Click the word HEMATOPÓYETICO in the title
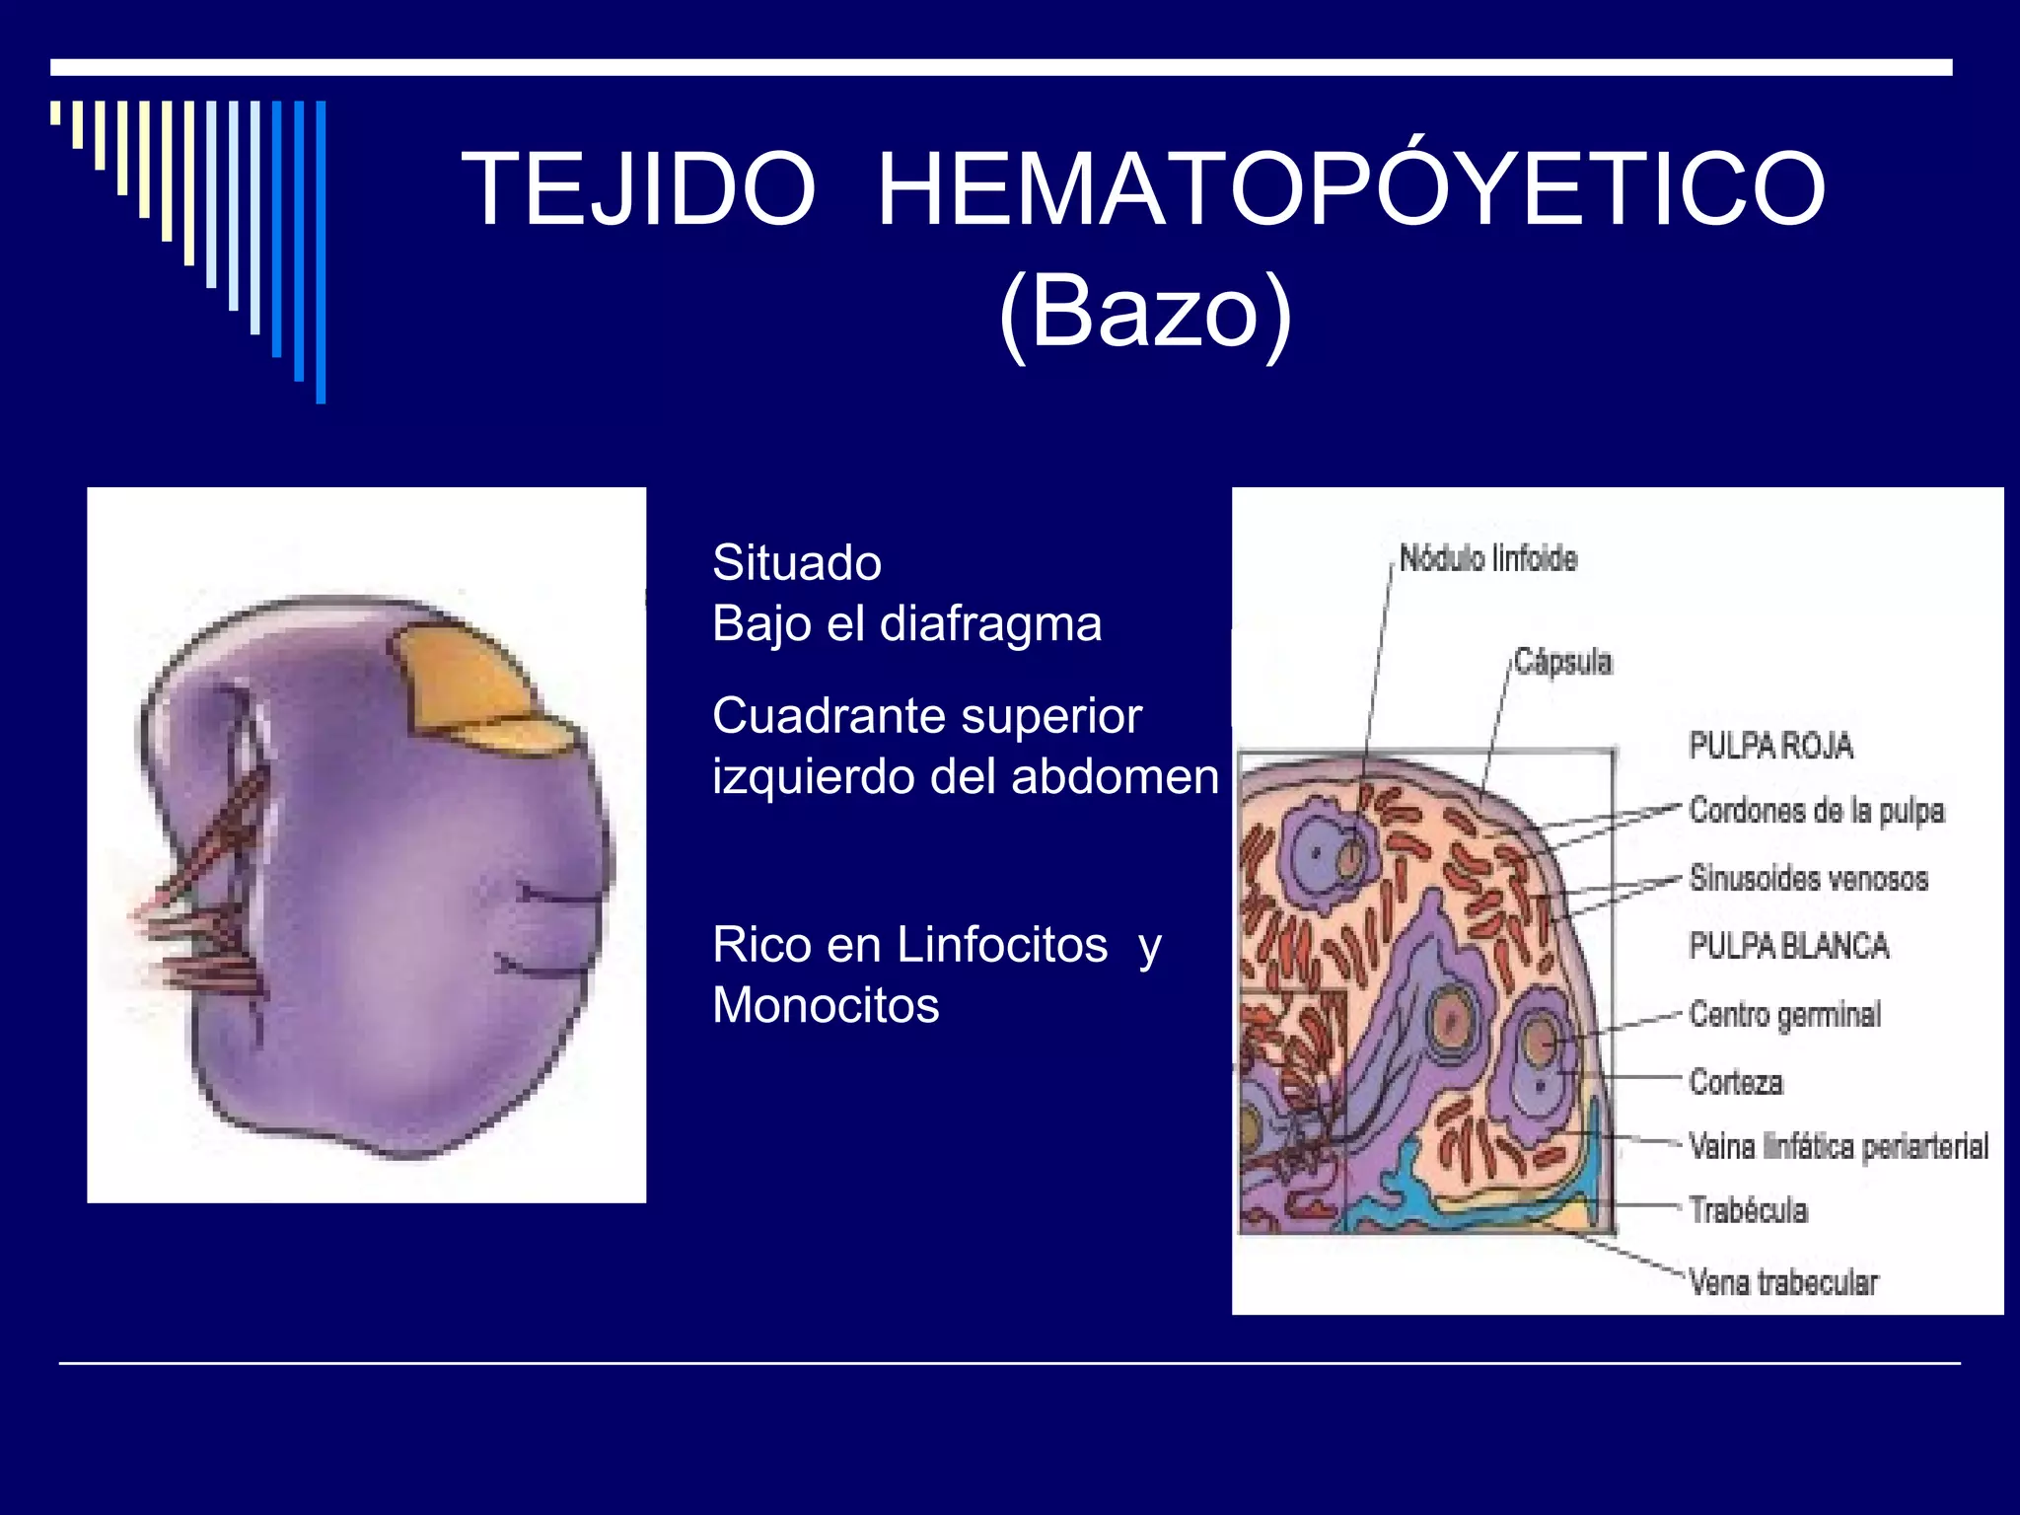point(1351,189)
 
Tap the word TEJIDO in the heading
point(639,189)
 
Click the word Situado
point(797,563)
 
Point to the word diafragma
point(990,624)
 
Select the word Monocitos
point(826,1006)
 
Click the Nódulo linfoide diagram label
point(1487,559)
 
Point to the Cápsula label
point(1562,662)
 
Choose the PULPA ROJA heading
point(1770,746)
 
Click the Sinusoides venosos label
point(1808,878)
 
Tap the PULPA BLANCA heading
point(1788,946)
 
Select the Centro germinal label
point(1784,1014)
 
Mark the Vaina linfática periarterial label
point(1838,1146)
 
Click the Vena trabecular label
point(1782,1282)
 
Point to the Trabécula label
point(1748,1210)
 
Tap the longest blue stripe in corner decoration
point(321,252)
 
